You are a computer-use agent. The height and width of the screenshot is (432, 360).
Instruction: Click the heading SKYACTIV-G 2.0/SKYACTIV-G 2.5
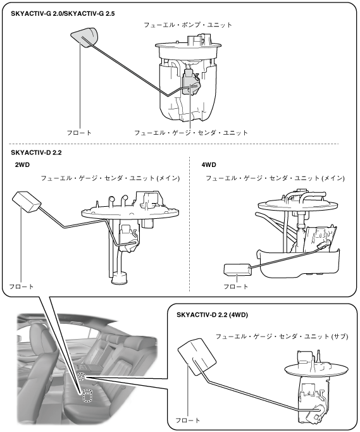pyautogui.click(x=63, y=13)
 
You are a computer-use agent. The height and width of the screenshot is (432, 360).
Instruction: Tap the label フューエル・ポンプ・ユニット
pyautogui.click(x=188, y=25)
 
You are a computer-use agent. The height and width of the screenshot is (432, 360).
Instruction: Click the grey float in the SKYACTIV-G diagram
pyautogui.click(x=85, y=37)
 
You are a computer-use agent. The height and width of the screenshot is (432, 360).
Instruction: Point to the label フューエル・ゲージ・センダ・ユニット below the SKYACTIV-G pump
pyautogui.click(x=191, y=133)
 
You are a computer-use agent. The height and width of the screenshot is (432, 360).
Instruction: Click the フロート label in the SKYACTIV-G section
pyautogui.click(x=79, y=133)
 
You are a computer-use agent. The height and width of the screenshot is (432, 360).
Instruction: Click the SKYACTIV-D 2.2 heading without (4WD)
pyautogui.click(x=36, y=152)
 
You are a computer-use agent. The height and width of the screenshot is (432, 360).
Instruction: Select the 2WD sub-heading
pyautogui.click(x=22, y=165)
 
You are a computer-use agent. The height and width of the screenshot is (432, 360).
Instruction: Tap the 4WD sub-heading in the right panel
pyautogui.click(x=209, y=165)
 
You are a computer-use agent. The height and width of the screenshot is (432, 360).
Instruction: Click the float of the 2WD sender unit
pyautogui.click(x=27, y=202)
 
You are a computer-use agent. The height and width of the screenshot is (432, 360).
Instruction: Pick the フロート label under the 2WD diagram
pyautogui.click(x=22, y=287)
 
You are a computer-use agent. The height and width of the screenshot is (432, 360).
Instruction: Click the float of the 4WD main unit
pyautogui.click(x=237, y=269)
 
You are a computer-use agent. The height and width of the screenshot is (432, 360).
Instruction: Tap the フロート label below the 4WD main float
pyautogui.click(x=236, y=287)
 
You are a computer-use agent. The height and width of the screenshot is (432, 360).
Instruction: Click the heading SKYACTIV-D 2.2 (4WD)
pyautogui.click(x=212, y=314)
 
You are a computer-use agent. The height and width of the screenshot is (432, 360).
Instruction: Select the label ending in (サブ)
pyautogui.click(x=282, y=336)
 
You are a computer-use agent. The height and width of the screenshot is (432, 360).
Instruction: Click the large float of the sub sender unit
pyautogui.click(x=197, y=357)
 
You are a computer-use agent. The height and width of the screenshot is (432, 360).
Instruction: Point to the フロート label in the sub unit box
pyautogui.click(x=188, y=421)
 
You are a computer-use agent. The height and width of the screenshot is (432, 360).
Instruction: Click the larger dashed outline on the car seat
pyautogui.click(x=88, y=396)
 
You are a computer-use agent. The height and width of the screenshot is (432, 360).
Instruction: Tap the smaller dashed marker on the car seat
pyautogui.click(x=81, y=376)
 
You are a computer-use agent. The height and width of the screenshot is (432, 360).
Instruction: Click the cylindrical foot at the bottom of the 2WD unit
pyautogui.click(x=119, y=278)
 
